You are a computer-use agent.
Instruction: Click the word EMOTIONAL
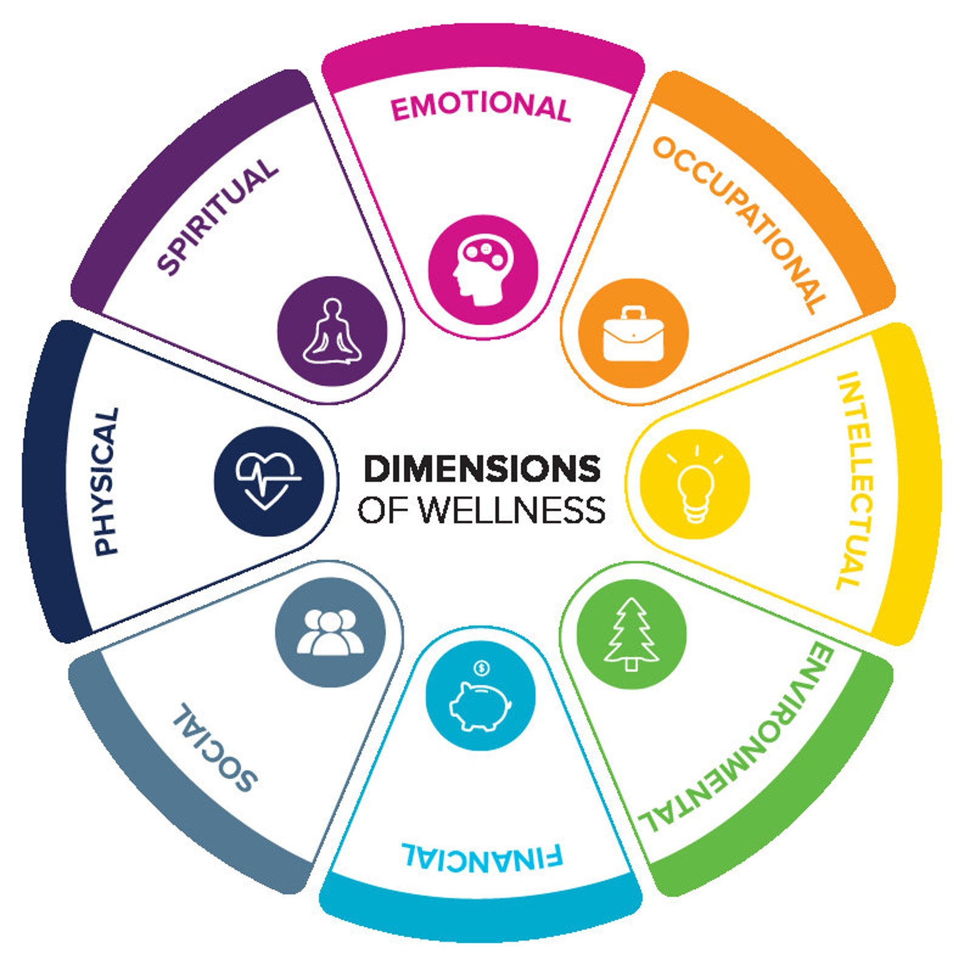(x=481, y=107)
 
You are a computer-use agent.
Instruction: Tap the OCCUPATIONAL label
(x=740, y=223)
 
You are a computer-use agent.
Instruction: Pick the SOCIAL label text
(x=216, y=748)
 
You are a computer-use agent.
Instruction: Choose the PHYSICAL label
(x=106, y=481)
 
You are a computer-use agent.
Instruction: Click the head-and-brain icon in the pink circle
(x=483, y=269)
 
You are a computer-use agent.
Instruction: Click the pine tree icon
(x=631, y=633)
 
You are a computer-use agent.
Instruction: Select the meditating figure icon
(x=332, y=333)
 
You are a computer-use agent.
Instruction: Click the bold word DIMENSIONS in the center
(x=482, y=469)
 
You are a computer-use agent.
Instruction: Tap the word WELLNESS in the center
(x=513, y=510)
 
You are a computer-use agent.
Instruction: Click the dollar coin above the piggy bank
(x=482, y=668)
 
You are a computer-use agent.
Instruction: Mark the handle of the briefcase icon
(x=633, y=313)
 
